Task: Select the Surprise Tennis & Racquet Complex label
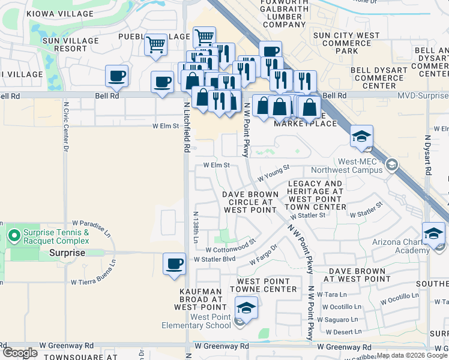56,236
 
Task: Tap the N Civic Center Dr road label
65,132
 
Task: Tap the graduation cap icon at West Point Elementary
246,308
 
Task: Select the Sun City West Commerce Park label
347,43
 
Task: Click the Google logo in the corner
20,353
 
